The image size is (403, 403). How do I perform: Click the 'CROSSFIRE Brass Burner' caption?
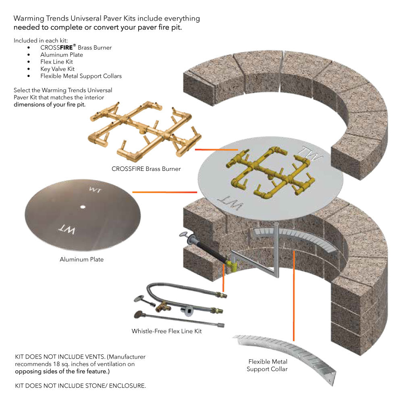tap(146, 169)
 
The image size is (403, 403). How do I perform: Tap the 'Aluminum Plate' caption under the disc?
tap(81, 260)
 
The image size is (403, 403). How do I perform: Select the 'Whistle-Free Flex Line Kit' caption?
tap(166, 331)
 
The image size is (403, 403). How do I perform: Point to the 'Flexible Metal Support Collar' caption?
tap(268, 365)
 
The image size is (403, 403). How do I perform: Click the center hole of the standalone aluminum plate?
tap(82, 207)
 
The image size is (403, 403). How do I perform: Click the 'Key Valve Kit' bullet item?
tap(57, 69)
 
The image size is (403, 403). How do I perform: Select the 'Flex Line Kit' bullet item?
tap(56, 62)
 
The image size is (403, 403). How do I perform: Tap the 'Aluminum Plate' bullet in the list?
tap(61, 55)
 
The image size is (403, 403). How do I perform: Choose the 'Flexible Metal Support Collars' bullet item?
tap(81, 76)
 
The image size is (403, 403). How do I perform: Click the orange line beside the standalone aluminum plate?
tap(161, 192)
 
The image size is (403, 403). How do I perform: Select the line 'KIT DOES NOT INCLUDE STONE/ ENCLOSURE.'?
tap(80, 386)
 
